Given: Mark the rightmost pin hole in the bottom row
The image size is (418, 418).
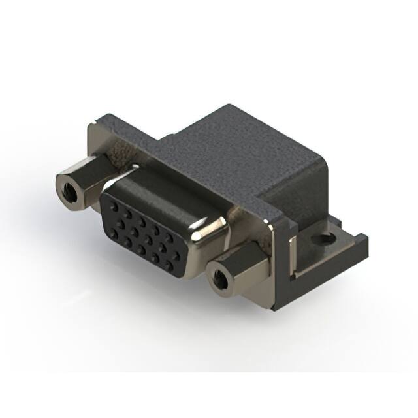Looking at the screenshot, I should click(x=169, y=265).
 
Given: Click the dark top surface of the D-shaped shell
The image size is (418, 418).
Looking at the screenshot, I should click(x=163, y=189).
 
